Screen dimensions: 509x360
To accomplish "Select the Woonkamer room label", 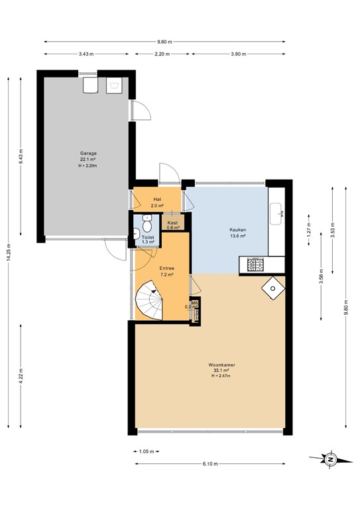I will pyautogui.click(x=222, y=365).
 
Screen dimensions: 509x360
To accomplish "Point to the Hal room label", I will pyautogui.click(x=157, y=199).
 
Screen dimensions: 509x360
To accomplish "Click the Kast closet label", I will pyautogui.click(x=172, y=223).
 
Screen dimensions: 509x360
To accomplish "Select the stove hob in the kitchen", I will pyautogui.click(x=254, y=265).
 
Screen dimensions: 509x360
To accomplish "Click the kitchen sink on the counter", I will pyautogui.click(x=278, y=213).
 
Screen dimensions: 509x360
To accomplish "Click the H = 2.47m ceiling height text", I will pyautogui.click(x=222, y=376).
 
